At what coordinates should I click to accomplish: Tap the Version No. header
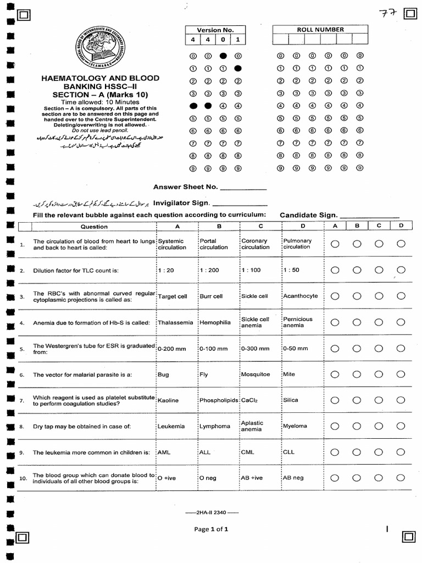point(215,30)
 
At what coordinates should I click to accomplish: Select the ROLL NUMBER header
point(320,30)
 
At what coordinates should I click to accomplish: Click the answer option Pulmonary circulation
point(297,244)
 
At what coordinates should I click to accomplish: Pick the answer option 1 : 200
point(209,271)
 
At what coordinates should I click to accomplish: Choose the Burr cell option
point(211,296)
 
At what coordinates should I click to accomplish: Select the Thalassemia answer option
point(175,323)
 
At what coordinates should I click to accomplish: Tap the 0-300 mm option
point(255,349)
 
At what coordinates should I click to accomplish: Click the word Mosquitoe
point(256,374)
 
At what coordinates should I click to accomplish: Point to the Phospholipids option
point(219,400)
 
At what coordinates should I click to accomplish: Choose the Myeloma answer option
point(295,426)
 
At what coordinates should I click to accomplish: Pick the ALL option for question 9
point(205,452)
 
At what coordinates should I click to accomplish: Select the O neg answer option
point(208,478)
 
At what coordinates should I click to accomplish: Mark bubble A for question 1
point(335,244)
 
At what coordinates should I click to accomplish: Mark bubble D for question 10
point(401,478)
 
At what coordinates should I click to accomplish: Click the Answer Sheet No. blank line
point(243,189)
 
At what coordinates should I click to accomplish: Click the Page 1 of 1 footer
point(211,529)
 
